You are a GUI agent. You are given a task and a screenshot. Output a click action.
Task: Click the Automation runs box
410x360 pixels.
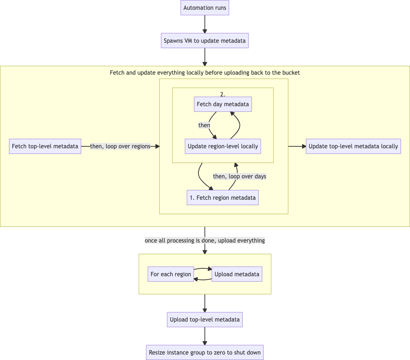click(205, 8)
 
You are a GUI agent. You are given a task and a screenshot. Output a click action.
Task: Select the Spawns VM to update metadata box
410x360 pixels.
click(205, 41)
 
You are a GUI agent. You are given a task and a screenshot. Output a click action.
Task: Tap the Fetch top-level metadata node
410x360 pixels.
click(45, 146)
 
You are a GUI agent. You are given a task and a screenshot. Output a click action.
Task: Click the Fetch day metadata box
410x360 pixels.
click(223, 104)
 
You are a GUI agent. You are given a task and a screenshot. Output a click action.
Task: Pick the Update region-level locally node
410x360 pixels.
click(223, 146)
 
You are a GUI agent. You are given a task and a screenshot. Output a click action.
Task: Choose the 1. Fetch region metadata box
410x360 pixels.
click(223, 198)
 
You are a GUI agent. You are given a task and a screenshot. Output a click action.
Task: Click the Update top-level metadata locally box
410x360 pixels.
click(353, 146)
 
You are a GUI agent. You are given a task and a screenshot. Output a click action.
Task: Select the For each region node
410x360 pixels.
click(171, 274)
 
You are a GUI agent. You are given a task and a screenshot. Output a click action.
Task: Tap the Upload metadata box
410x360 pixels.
click(237, 274)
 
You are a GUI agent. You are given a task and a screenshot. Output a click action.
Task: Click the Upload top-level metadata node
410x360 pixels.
click(205, 320)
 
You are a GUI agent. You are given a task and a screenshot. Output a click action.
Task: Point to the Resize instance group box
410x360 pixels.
click(205, 352)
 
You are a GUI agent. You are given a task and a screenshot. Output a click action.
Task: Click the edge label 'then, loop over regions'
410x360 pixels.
click(120, 146)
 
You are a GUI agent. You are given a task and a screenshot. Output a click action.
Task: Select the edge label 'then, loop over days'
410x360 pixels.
click(239, 176)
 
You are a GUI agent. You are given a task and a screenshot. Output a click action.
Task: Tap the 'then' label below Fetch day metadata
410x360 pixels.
click(204, 125)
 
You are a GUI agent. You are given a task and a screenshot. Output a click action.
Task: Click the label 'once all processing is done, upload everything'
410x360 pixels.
click(205, 240)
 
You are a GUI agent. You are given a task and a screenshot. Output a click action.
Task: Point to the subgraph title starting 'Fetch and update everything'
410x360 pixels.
click(205, 73)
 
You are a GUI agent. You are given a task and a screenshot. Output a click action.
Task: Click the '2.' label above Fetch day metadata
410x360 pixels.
click(223, 94)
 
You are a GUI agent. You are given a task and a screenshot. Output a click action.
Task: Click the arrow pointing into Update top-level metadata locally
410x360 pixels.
click(297, 146)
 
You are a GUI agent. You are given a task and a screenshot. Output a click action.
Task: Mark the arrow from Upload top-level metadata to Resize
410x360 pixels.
click(205, 336)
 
